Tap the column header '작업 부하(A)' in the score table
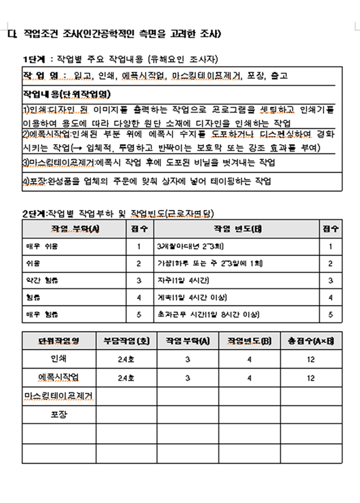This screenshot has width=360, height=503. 74,229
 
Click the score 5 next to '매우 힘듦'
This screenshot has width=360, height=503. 139,314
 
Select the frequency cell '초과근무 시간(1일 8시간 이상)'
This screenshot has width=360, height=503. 207,314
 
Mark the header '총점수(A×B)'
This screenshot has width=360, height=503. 311,341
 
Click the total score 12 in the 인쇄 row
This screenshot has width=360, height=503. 311,359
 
